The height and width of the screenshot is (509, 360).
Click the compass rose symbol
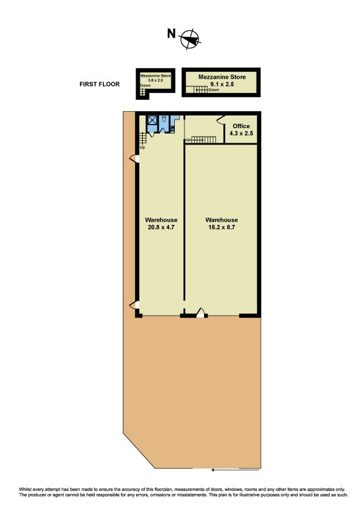click(190, 40)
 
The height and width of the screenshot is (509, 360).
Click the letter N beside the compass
click(171, 33)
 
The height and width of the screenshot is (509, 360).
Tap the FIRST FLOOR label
click(99, 84)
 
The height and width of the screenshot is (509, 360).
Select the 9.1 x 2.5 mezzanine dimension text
click(222, 84)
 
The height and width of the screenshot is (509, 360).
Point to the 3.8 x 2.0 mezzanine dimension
click(155, 80)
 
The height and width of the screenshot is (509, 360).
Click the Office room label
click(241, 126)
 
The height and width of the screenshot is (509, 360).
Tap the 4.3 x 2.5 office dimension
click(241, 133)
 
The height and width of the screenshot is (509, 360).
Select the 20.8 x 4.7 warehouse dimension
click(161, 227)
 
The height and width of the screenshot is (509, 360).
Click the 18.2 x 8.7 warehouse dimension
click(221, 227)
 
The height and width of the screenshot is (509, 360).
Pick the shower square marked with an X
click(152, 120)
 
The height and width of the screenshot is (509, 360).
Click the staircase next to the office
click(203, 140)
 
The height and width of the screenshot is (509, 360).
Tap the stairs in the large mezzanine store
click(201, 89)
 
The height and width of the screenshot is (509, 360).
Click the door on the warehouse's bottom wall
click(201, 313)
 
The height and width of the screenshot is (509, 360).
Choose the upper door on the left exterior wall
click(134, 159)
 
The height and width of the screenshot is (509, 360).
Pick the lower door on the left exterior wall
click(134, 305)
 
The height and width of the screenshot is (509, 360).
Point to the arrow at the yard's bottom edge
click(235, 470)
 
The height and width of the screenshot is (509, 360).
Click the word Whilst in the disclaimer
click(25, 489)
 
